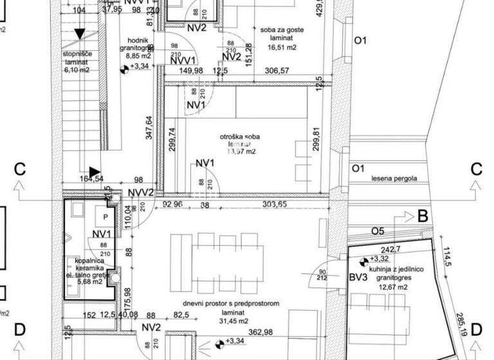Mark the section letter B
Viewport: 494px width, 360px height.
(x=423, y=216)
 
